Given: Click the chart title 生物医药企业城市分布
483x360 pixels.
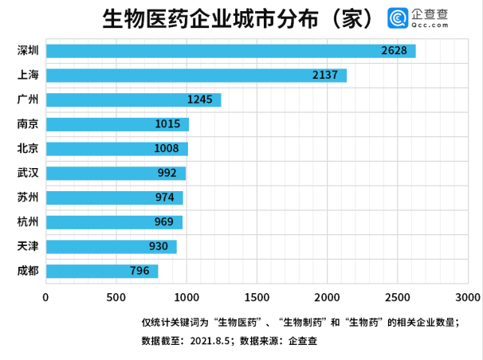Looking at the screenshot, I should click(x=238, y=19).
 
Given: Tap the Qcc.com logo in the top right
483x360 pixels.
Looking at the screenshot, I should click(x=418, y=19).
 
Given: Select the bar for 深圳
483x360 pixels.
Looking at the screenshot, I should click(x=230, y=52).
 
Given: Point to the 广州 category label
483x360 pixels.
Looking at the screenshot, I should click(x=29, y=100).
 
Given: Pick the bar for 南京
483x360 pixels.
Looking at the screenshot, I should click(x=117, y=124).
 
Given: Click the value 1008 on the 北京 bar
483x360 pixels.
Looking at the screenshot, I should click(x=168, y=149).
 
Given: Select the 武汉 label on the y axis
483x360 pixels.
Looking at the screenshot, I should click(x=29, y=173).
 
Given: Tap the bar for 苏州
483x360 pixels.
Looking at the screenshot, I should click(x=114, y=198).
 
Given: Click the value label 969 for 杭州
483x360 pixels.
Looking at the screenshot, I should click(x=164, y=222).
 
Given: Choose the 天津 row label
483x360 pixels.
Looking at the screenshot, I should click(x=29, y=246).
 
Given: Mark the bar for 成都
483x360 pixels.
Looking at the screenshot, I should click(x=102, y=271).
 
